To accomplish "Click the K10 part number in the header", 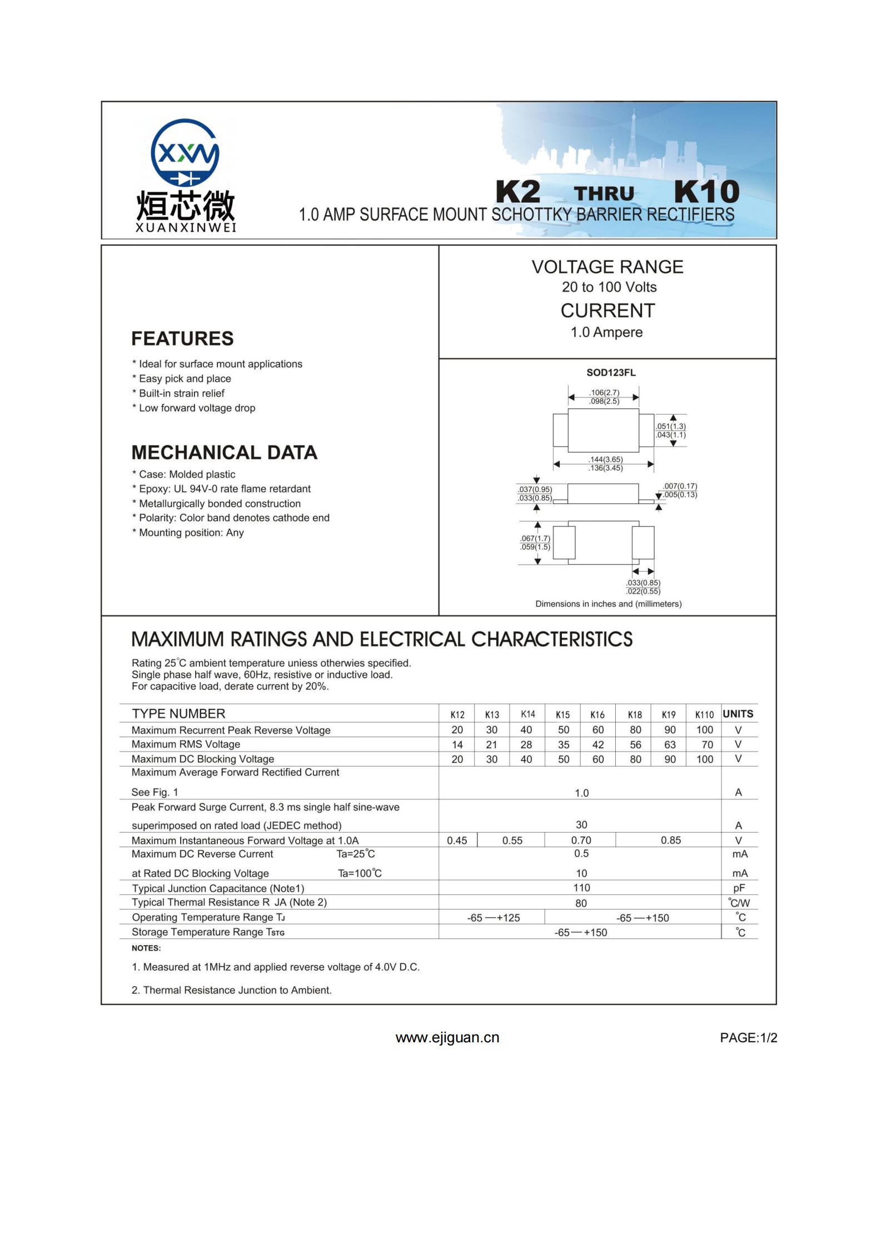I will click(706, 192).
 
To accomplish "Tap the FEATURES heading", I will click(182, 339).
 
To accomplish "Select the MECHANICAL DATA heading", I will click(224, 453).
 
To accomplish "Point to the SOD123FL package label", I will click(611, 372).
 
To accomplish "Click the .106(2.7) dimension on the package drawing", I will click(604, 392).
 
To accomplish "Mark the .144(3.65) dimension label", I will click(606, 460).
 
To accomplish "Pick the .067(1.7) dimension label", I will click(535, 538).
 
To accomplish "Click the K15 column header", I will click(562, 715).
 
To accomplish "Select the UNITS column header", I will click(738, 714).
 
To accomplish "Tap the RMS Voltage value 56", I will click(635, 745).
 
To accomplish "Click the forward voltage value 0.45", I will click(457, 841).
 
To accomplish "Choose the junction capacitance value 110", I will click(581, 888).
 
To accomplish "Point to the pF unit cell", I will click(739, 888).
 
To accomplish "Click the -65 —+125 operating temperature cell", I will click(493, 918).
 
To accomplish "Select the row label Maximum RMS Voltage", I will click(186, 744).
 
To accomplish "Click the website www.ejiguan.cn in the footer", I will click(447, 1038).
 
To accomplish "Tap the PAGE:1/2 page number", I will click(748, 1038).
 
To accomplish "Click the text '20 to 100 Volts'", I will click(609, 287).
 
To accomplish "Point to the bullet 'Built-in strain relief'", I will click(181, 394).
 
